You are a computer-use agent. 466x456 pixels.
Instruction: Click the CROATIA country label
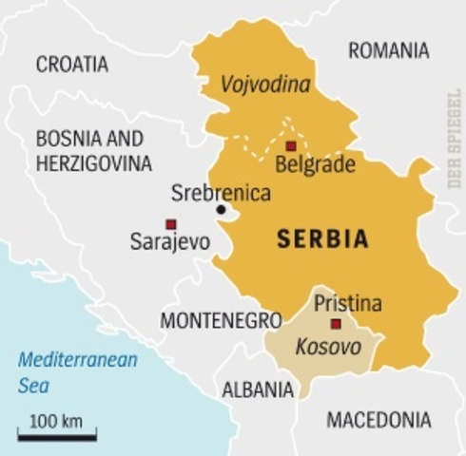pos(72,65)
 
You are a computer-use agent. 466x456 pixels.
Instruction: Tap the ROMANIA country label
pos(388,50)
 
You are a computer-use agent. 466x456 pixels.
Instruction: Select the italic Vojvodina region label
pos(265,86)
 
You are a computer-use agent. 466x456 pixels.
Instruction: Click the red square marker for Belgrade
pos(291,146)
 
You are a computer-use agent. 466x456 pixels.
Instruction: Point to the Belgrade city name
pos(314,165)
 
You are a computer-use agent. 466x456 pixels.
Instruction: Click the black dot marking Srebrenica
pos(221,210)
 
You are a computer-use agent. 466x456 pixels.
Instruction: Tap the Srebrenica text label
pos(221,193)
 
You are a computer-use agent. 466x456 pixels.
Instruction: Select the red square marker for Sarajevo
pos(170,224)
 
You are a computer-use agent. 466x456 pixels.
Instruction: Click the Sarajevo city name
pos(169,242)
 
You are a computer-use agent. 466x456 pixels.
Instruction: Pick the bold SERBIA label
pos(322,239)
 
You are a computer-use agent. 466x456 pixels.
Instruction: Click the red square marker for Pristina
pos(336,324)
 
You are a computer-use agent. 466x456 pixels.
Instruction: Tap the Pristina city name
pos(347,304)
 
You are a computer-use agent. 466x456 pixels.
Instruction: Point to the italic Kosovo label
pos(328,347)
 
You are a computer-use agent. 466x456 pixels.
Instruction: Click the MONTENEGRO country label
pos(221,320)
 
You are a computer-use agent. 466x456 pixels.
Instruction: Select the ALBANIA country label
pos(257,389)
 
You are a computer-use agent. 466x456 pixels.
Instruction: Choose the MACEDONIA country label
pos(378,419)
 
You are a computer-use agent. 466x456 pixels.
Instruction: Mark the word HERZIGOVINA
pos(93,163)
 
